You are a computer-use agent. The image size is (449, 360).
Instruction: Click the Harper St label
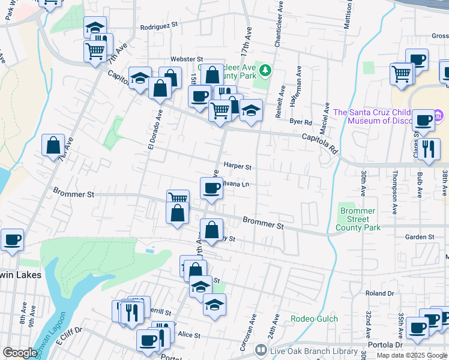(237, 167)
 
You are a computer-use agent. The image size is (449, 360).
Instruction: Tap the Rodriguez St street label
(160, 26)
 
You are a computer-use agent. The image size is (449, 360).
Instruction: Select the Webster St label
(187, 59)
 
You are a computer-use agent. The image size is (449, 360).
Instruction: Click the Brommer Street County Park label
(358, 220)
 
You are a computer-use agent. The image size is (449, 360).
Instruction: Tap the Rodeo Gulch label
(315, 319)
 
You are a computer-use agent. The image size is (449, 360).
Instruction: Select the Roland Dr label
(379, 294)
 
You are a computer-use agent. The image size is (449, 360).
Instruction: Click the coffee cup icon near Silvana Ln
(211, 188)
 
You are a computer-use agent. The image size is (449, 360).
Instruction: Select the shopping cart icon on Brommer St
(178, 199)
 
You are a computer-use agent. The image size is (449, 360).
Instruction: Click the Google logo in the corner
(20, 353)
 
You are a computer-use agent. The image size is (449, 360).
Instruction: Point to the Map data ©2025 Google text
(412, 355)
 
